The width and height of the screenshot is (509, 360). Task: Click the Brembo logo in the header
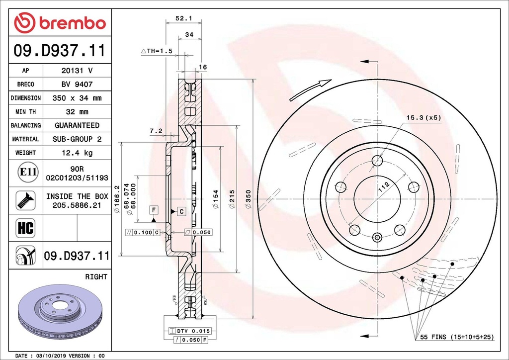(60, 23)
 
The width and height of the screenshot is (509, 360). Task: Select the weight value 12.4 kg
(77, 153)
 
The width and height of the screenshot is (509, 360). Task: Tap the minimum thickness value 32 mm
(77, 112)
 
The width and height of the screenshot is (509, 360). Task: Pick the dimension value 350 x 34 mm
(77, 98)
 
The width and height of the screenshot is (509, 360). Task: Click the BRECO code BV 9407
(77, 85)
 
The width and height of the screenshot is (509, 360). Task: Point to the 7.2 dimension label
(156, 131)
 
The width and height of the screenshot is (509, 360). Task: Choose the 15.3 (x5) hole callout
(424, 118)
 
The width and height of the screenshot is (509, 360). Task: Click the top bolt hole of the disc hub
(377, 161)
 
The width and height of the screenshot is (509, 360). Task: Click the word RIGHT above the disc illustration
(96, 276)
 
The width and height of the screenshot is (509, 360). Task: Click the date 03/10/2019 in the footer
(54, 356)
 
